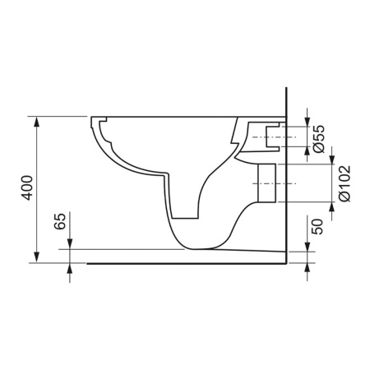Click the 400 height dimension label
pyautogui.click(x=28, y=188)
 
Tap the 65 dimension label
pyautogui.click(x=60, y=221)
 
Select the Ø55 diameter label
pyautogui.click(x=319, y=139)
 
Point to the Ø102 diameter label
pyautogui.click(x=345, y=183)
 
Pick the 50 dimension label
pyautogui.click(x=317, y=226)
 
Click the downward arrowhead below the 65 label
pyautogui.click(x=70, y=244)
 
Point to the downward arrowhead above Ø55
pyautogui.click(x=308, y=122)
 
